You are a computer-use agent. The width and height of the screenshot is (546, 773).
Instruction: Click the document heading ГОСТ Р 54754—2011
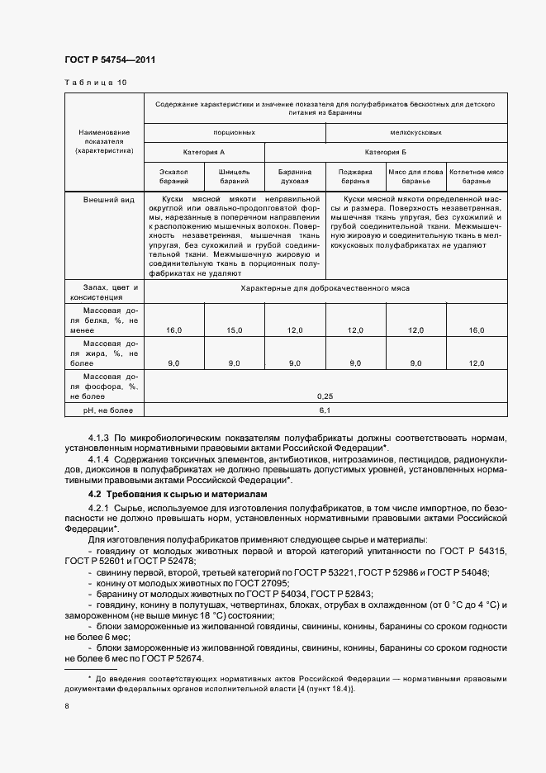(110, 60)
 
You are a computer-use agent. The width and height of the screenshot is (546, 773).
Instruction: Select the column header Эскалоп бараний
(173, 176)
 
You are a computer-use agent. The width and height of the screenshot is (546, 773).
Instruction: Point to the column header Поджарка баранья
(355, 176)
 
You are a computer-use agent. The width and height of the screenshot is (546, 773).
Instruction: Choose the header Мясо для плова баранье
(416, 176)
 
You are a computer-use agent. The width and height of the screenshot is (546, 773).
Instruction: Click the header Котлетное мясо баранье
(477, 176)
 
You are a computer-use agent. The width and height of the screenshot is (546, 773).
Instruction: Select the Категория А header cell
(203, 153)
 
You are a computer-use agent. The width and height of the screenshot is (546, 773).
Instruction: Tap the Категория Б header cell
(386, 153)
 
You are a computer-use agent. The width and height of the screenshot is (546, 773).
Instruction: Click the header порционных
(234, 132)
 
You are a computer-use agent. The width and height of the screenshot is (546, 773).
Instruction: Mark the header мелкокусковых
(416, 132)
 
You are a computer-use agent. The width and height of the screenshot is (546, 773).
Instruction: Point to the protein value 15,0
(234, 330)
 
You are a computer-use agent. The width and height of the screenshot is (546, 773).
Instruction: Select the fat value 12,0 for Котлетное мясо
(477, 363)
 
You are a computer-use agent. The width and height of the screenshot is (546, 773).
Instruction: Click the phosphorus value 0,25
(325, 396)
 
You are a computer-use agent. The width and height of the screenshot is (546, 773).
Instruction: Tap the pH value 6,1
(325, 410)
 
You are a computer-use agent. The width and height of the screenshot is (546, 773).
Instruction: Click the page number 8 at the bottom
(67, 706)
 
